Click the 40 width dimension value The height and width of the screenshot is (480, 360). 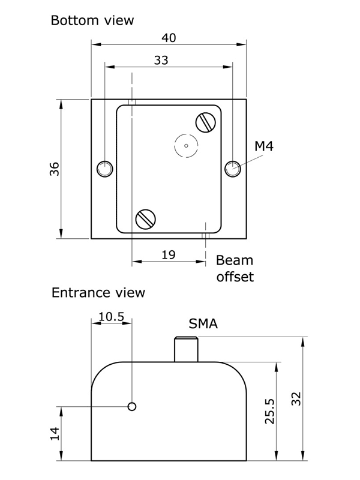pos(169,37)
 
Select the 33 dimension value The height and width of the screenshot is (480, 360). pos(161,60)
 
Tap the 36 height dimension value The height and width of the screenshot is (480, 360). pos(54,169)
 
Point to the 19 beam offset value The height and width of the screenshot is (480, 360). pos(169,255)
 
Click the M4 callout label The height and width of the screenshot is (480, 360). pos(264,145)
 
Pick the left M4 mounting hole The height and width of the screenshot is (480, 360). pos(105,169)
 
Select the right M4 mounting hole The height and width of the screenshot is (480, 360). pos(233,169)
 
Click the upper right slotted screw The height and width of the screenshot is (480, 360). pos(206,122)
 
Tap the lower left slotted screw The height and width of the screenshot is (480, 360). pos(146,218)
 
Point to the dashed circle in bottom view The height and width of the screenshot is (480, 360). pos(186,145)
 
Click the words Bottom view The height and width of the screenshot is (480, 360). pos(92,20)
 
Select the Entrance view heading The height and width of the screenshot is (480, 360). pos(98,293)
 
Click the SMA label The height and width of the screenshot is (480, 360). pos(203,325)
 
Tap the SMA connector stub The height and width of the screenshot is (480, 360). pos(186,350)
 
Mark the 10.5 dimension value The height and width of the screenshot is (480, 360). pos(111,316)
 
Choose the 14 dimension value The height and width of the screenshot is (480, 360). pos(54,434)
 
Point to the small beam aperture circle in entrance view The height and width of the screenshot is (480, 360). pos(132,406)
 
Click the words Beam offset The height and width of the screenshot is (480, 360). pos(235,268)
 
